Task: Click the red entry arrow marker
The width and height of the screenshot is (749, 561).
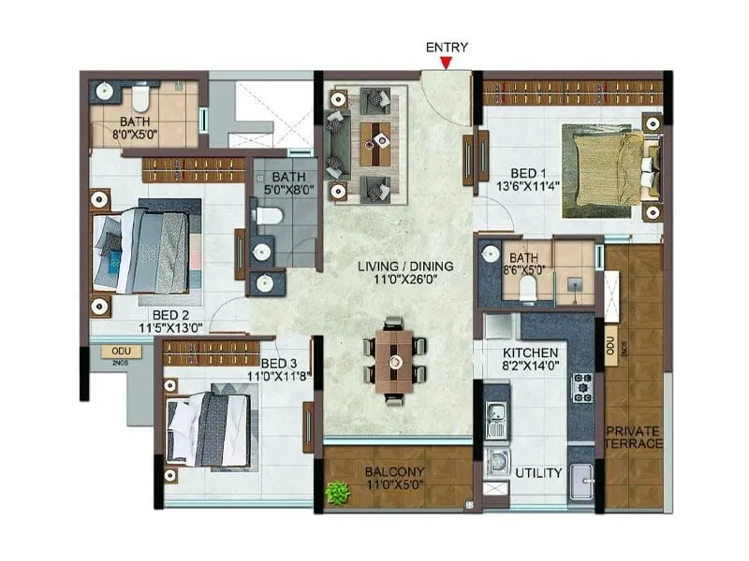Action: (x=447, y=64)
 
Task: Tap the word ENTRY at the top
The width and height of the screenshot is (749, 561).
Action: (x=447, y=47)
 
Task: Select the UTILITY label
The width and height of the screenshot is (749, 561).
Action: (x=538, y=473)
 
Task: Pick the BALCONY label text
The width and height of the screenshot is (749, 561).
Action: (x=392, y=472)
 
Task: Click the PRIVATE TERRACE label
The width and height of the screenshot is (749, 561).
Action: (x=634, y=437)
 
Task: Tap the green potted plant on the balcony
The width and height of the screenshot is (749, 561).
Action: (x=337, y=492)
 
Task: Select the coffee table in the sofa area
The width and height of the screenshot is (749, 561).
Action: (x=378, y=140)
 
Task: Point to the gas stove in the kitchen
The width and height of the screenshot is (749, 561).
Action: (x=581, y=385)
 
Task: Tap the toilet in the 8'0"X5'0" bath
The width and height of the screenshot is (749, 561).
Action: (x=140, y=96)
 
